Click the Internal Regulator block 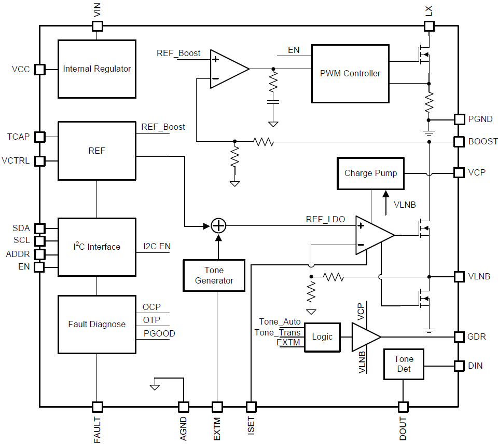pyautogui.click(x=97, y=69)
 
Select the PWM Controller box pyautogui.click(x=350, y=73)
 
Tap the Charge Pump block pyautogui.click(x=370, y=173)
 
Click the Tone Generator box pyautogui.click(x=214, y=275)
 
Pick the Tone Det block pyautogui.click(x=404, y=364)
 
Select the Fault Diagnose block pyautogui.click(x=97, y=324)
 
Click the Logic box pyautogui.click(x=322, y=337)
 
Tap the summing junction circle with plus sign pyautogui.click(x=218, y=226)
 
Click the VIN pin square pyautogui.click(x=97, y=26)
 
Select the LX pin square pyautogui.click(x=429, y=26)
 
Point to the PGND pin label pyautogui.click(x=480, y=119)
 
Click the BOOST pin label pyautogui.click(x=482, y=141)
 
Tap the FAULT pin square pyautogui.click(x=97, y=407)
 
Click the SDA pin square pyautogui.click(x=39, y=228)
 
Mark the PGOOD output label pyautogui.click(x=159, y=333)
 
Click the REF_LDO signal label pyautogui.click(x=325, y=220)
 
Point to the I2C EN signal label pyautogui.click(x=157, y=247)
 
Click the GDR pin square pyautogui.click(x=459, y=337)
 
